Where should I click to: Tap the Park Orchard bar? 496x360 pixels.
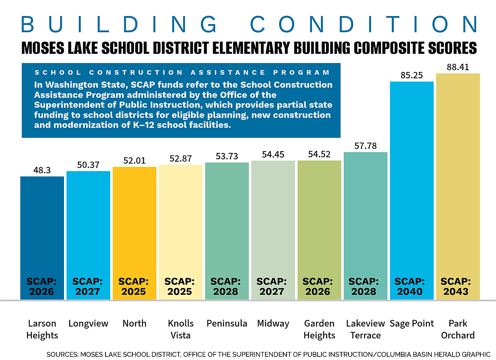(x=458, y=178)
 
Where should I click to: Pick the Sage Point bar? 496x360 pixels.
(x=412, y=182)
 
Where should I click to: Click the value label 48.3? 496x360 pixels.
(x=42, y=170)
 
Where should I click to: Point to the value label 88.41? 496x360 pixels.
(x=458, y=67)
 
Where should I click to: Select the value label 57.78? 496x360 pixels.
(x=365, y=146)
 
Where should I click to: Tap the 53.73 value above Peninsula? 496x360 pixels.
(x=227, y=156)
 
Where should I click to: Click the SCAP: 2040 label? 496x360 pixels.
(x=412, y=286)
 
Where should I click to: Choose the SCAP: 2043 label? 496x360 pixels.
(x=458, y=286)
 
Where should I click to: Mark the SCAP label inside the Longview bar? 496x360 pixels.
(x=88, y=286)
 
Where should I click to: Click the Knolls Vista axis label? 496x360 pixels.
(x=181, y=329)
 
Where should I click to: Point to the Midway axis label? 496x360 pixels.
(x=273, y=324)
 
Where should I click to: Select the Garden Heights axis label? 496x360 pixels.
(x=319, y=329)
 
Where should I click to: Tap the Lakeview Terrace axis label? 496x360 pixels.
(x=365, y=329)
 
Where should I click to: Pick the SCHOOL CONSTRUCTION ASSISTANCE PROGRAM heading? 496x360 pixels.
(x=182, y=73)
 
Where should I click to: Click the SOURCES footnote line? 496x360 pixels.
(x=268, y=354)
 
